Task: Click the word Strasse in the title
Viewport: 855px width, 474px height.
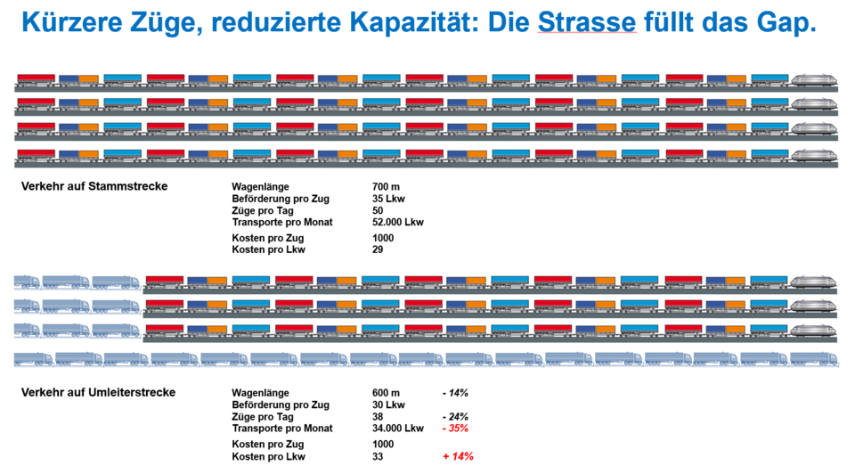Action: [x=586, y=21]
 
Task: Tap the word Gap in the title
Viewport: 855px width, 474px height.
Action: [x=783, y=21]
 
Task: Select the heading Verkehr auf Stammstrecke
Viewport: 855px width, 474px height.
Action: [x=95, y=186]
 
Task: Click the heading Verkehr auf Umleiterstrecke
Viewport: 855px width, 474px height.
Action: [x=99, y=392]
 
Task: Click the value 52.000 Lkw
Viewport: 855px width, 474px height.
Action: [x=398, y=222]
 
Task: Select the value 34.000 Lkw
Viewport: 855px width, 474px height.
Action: [x=398, y=428]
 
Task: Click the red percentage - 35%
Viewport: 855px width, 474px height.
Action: [x=456, y=428]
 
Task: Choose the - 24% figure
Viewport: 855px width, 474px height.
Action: [x=456, y=416]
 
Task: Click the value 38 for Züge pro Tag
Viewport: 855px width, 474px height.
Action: [x=379, y=416]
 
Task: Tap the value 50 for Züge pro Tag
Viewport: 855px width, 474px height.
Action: [x=379, y=210]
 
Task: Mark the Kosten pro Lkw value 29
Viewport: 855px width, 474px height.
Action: [x=379, y=250]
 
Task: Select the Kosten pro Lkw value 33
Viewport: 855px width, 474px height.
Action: [x=379, y=456]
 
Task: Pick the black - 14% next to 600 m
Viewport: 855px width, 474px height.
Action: [x=456, y=393]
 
